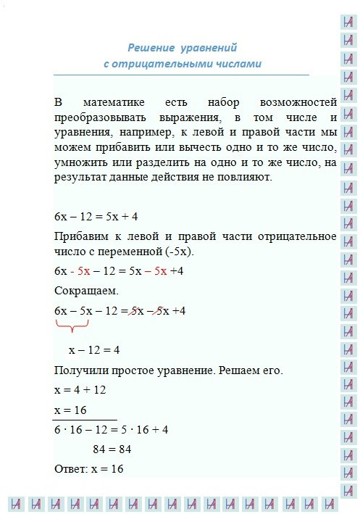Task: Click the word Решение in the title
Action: coord(151,48)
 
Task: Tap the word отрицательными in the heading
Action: coord(167,64)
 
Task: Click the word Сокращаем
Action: coord(81,291)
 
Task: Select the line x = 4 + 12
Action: coord(80,390)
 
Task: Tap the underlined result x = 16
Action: coord(70,410)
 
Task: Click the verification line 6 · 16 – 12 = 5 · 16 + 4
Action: coord(111,429)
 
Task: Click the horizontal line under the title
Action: coord(181,75)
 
